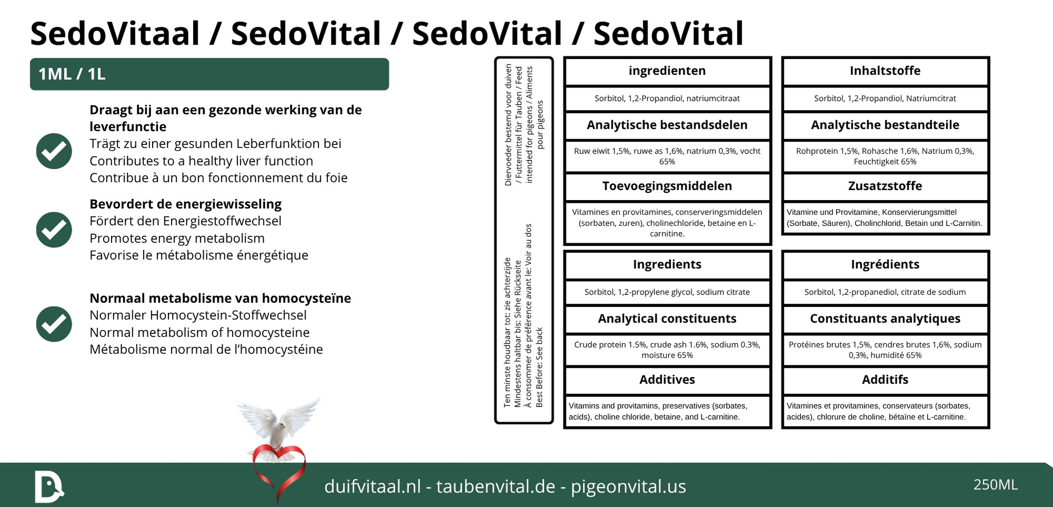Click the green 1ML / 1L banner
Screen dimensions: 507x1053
tap(209, 74)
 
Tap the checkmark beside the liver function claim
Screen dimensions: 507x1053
tap(54, 151)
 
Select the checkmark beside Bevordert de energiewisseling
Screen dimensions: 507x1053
tap(54, 230)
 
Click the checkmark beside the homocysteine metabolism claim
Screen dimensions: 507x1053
tap(54, 324)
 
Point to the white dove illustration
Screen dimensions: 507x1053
tap(277, 422)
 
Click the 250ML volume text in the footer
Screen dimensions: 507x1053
tap(995, 484)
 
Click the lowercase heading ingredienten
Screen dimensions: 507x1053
tap(667, 71)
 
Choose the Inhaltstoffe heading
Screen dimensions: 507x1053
tap(885, 71)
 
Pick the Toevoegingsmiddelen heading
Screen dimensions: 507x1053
tap(667, 186)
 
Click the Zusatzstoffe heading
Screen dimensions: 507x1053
tap(885, 186)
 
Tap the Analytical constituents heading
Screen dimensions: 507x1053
tap(667, 319)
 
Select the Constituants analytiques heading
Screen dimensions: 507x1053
tap(885, 319)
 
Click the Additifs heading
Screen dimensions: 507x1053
tap(885, 380)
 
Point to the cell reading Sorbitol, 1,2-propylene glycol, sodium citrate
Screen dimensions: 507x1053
tap(667, 292)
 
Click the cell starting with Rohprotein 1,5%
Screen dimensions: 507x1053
tap(885, 156)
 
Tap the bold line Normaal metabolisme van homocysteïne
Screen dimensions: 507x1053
tap(220, 299)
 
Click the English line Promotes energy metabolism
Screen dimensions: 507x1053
tap(177, 238)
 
